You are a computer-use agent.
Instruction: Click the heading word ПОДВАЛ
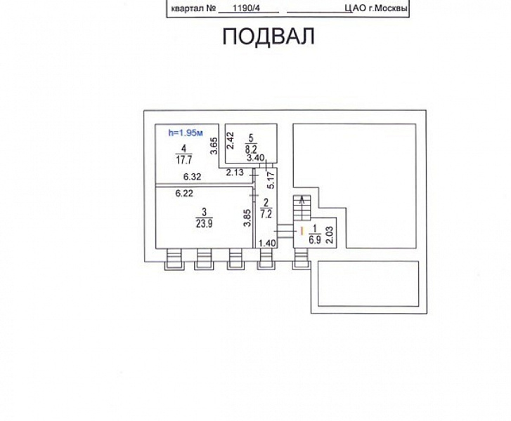click(268, 36)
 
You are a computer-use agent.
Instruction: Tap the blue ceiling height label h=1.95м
click(185, 133)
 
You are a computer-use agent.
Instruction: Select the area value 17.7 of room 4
click(183, 159)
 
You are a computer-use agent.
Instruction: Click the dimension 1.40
click(267, 243)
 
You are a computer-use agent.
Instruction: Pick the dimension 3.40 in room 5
click(255, 158)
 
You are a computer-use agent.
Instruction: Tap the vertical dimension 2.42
click(229, 144)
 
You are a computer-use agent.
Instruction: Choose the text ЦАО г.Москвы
click(373, 8)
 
